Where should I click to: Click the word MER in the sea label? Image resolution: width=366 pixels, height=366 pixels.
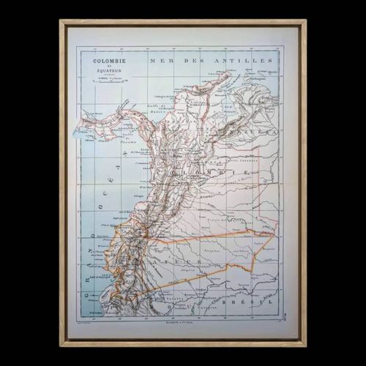(157, 58)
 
